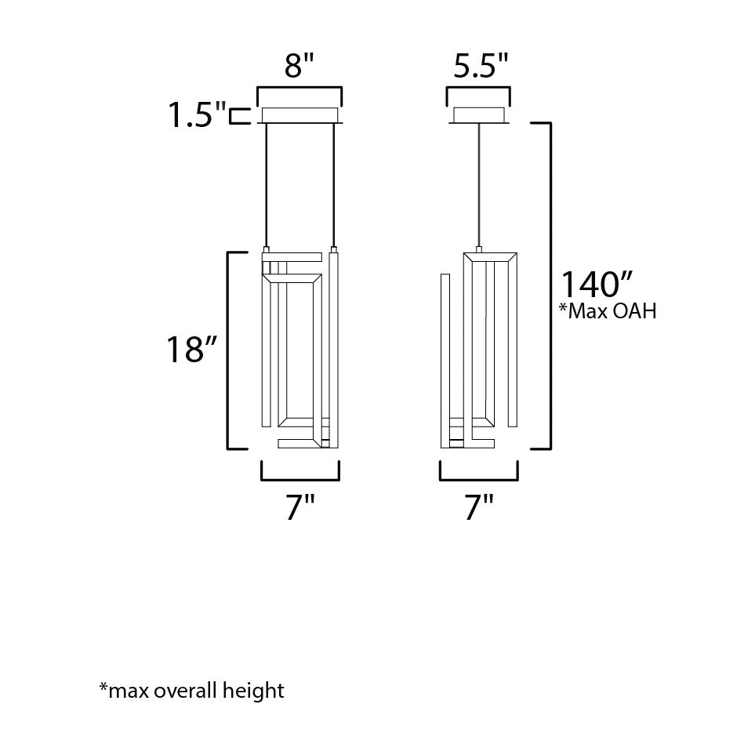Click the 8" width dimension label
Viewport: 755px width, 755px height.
coord(299,66)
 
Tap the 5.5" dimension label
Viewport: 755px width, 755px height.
coord(481,66)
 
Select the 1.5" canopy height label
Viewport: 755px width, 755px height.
coord(197,115)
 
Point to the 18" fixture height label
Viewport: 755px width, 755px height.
coord(191,349)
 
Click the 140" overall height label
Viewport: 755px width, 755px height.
coord(597,285)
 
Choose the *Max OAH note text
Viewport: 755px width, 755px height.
coord(608,311)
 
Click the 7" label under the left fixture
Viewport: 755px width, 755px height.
coord(300,507)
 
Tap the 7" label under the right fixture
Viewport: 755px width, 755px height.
coord(479,507)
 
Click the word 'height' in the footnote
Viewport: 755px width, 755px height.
coord(253,691)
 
